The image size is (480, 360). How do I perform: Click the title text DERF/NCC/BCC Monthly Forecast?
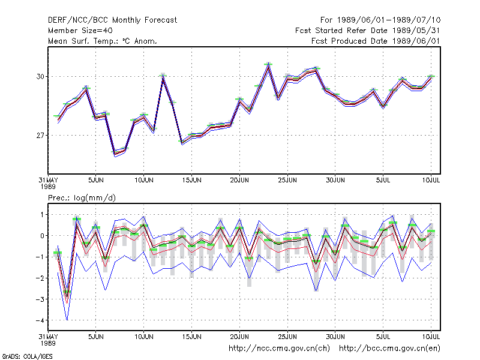click(112, 20)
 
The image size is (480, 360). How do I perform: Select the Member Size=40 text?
click(80, 31)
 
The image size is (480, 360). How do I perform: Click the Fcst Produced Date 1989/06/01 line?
click(376, 41)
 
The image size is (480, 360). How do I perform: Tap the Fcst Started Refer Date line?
click(368, 31)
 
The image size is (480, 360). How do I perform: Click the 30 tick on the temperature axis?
click(40, 77)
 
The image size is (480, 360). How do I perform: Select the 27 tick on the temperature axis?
click(40, 136)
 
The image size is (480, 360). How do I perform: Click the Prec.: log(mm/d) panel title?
click(82, 198)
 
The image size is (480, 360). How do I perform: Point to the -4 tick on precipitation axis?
click(40, 320)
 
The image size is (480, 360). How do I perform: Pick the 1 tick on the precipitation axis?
click(42, 215)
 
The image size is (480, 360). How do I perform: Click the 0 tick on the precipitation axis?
click(42, 236)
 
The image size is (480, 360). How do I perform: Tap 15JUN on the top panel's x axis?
click(191, 181)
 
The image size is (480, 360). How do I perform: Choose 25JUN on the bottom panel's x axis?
click(287, 337)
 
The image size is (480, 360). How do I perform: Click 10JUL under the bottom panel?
click(431, 337)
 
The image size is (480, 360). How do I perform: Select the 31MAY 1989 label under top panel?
click(48, 183)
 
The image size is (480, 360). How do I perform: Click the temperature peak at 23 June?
click(268, 65)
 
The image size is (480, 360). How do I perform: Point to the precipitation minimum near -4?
click(67, 319)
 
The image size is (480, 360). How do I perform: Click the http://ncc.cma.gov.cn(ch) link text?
click(279, 349)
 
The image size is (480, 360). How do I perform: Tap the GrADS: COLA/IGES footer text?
click(27, 356)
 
